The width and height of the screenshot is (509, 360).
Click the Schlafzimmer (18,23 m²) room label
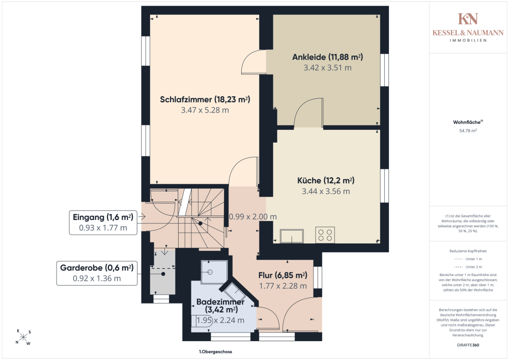click(x=205, y=99)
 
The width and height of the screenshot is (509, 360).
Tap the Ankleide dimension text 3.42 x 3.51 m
click(x=327, y=68)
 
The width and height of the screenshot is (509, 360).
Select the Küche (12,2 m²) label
click(x=326, y=180)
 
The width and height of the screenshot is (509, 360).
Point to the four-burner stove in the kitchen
click(x=325, y=235)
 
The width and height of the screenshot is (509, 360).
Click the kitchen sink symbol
click(x=292, y=236)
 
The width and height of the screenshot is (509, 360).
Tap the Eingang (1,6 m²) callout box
click(x=103, y=223)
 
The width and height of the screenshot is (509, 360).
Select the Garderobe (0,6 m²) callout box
click(x=97, y=273)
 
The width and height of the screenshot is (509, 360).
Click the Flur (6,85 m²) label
click(x=282, y=275)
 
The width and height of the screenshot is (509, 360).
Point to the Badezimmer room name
click(x=220, y=302)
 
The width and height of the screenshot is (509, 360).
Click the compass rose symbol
click(x=23, y=337)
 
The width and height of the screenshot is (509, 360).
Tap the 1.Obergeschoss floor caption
click(x=215, y=351)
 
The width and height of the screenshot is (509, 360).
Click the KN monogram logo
click(x=468, y=19)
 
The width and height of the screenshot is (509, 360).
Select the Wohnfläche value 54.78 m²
click(x=468, y=131)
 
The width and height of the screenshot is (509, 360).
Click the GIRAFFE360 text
click(x=468, y=345)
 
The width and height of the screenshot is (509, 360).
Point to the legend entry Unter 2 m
click(x=468, y=267)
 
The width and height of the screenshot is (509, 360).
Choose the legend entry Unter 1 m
click(x=468, y=259)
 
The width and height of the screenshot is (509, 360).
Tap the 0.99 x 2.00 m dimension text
click(x=253, y=217)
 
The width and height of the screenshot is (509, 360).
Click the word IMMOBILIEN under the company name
click(x=468, y=40)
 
